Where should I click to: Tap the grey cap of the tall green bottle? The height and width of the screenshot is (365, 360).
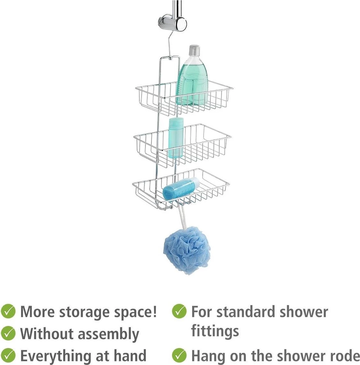pyautogui.click(x=194, y=50)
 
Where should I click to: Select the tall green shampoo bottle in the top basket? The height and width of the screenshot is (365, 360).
pyautogui.click(x=192, y=75)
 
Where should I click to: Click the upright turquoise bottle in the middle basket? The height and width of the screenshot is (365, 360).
pyautogui.click(x=176, y=138)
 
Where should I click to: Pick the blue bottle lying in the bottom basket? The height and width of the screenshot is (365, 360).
pyautogui.click(x=181, y=189)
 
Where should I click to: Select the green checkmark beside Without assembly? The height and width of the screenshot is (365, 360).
pyautogui.click(x=8, y=333)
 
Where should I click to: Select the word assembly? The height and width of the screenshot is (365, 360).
pyautogui.click(x=109, y=334)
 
